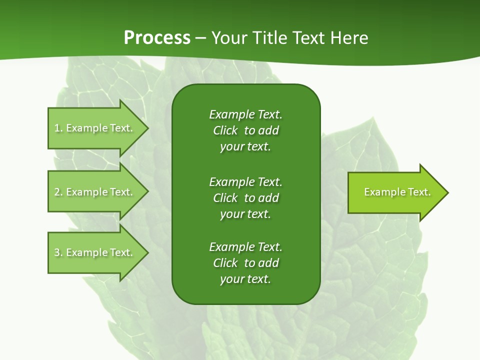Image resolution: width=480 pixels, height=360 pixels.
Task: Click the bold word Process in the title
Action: click(x=157, y=37)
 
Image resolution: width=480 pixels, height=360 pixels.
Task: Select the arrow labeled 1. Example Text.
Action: click(x=93, y=128)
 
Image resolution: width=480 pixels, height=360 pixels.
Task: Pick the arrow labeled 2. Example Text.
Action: click(x=93, y=192)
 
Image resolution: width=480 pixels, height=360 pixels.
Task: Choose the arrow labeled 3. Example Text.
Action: click(x=93, y=252)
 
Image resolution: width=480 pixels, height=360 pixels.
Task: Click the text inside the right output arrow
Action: click(x=397, y=192)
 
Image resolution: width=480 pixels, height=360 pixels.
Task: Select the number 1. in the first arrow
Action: click(x=58, y=128)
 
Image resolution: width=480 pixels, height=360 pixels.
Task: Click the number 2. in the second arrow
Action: click(x=58, y=192)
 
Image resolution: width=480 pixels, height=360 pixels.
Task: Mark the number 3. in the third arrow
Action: click(x=58, y=252)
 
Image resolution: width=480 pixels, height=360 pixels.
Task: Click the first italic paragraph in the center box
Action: click(x=245, y=130)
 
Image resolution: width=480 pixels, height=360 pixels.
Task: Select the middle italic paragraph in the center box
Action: click(x=245, y=198)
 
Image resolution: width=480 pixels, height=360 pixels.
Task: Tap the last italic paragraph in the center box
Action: click(x=245, y=263)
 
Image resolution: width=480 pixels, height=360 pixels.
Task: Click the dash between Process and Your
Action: click(x=200, y=38)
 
